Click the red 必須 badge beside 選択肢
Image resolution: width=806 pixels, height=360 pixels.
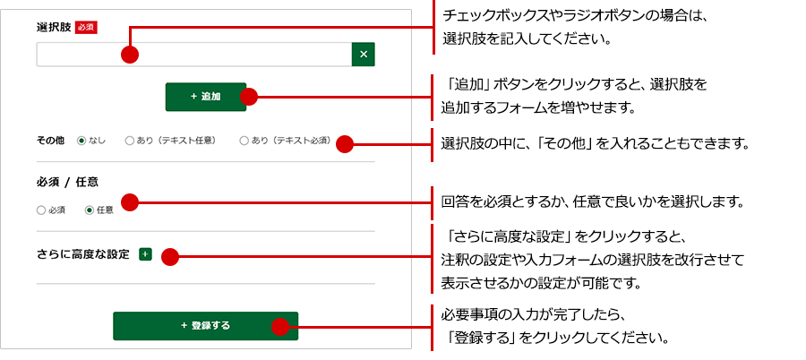[86, 27]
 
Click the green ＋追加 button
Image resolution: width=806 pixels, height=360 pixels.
[205, 97]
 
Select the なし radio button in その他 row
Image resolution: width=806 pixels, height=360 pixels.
[81, 141]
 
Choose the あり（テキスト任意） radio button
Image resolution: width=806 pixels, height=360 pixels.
[129, 141]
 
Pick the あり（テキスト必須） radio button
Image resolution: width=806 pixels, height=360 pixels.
[244, 141]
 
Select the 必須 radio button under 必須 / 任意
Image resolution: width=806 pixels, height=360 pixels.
[41, 210]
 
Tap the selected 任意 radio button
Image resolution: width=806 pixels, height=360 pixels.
[89, 210]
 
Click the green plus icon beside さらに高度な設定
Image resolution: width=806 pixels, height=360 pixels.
[145, 254]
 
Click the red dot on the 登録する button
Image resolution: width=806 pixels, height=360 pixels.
[282, 327]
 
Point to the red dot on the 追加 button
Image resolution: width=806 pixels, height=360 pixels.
[250, 97]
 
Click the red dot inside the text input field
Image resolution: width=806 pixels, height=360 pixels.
[130, 55]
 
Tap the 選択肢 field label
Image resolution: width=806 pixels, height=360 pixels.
[53, 27]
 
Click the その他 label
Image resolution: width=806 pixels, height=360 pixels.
[50, 141]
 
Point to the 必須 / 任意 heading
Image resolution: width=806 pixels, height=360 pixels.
[67, 181]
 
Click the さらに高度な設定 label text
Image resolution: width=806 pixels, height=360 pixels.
[83, 254]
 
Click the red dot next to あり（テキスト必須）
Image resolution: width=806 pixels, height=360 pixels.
[345, 143]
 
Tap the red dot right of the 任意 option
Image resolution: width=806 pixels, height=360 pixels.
[130, 202]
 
